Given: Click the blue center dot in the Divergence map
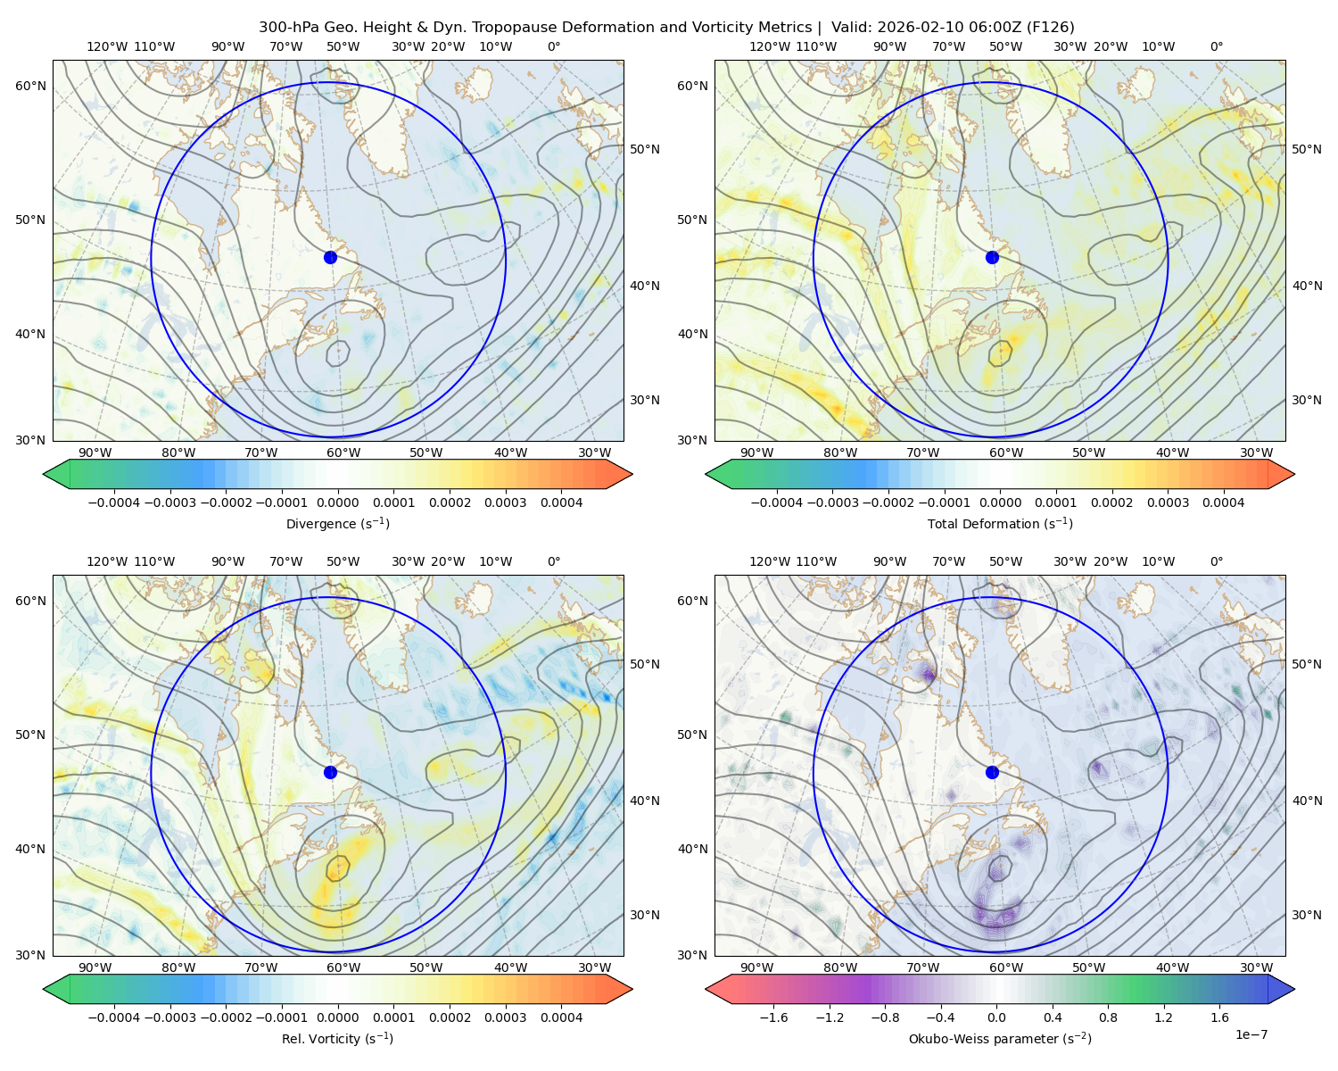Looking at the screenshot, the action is [x=330, y=258].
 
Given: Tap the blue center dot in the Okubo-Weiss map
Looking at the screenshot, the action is [x=992, y=772].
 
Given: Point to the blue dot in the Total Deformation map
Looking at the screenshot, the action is [x=992, y=258].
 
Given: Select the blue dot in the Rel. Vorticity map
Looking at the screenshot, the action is [x=330, y=772].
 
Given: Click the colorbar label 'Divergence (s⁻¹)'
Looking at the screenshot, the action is [x=337, y=523].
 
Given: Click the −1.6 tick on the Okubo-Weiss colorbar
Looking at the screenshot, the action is [x=773, y=1017].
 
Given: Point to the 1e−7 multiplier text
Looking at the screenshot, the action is [x=1251, y=1034].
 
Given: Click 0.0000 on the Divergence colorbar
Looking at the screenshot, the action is [x=337, y=502].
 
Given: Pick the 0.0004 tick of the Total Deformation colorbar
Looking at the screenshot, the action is [x=1224, y=502].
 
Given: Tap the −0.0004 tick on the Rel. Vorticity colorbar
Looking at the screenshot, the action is [x=114, y=1017].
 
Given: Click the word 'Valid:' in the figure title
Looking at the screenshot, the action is [x=851, y=28].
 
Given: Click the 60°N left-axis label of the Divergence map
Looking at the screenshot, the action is [x=30, y=86].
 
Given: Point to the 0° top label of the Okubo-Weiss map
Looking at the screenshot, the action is [x=1216, y=561].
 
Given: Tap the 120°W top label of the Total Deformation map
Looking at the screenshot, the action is [x=770, y=46].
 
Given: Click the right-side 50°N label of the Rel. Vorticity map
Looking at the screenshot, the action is [x=645, y=664].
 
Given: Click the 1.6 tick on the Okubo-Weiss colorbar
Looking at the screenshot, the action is [x=1220, y=1017].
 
